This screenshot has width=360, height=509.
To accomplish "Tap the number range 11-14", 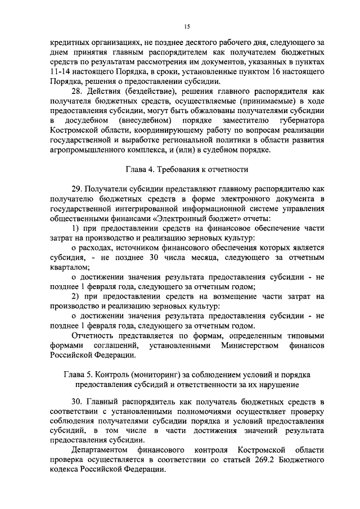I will click(x=60, y=73).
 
